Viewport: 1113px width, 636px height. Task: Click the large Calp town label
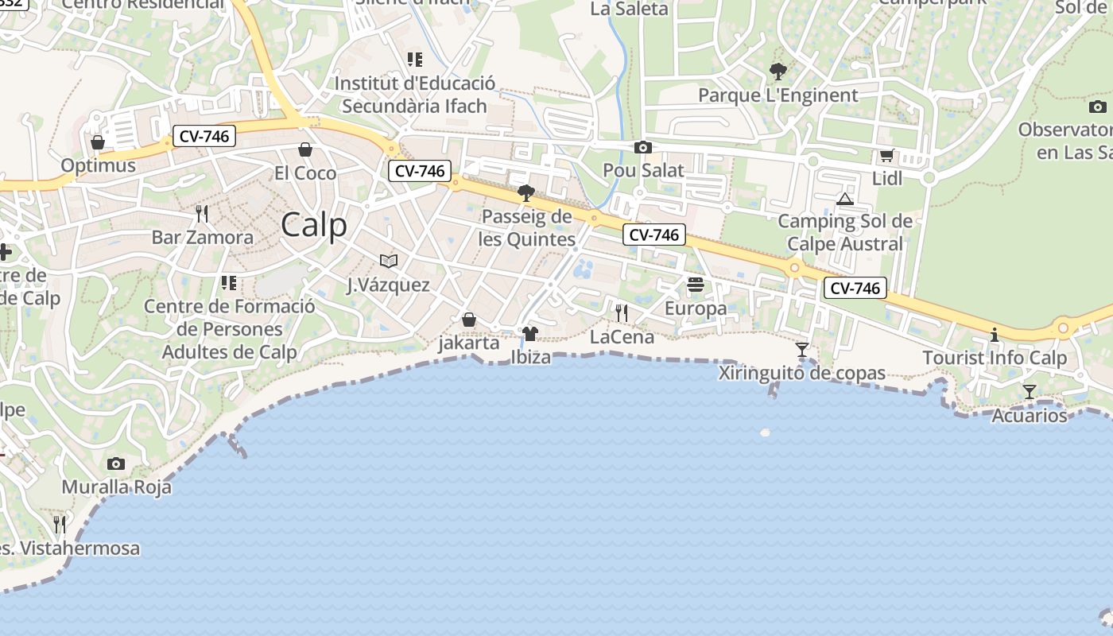click(x=314, y=225)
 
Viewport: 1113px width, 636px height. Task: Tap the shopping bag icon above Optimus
click(x=98, y=142)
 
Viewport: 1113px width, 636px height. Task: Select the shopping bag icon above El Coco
click(x=304, y=149)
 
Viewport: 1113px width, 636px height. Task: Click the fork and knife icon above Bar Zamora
click(x=202, y=213)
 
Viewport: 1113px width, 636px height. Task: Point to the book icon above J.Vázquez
click(x=388, y=261)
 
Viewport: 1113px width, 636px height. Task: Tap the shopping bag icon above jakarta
click(x=469, y=320)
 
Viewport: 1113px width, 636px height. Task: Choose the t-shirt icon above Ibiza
click(x=530, y=333)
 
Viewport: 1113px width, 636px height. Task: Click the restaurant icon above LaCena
click(x=622, y=313)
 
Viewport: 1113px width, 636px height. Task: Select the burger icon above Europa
click(x=696, y=285)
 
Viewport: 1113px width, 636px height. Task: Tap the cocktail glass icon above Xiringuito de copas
click(x=801, y=350)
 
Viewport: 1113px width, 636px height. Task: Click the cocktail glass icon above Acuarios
click(x=1030, y=392)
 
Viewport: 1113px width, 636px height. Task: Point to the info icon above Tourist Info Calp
click(x=995, y=335)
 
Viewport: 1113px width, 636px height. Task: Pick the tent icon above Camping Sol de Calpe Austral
click(x=845, y=198)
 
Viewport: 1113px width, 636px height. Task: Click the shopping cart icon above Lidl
click(x=886, y=155)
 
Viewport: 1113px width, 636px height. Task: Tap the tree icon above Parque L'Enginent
click(x=778, y=72)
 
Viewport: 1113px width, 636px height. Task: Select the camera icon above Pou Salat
click(x=643, y=147)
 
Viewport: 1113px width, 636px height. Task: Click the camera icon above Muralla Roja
click(x=116, y=463)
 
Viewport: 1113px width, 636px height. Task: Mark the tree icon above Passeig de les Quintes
click(x=525, y=192)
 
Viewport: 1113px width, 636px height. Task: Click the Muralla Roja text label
click(x=116, y=487)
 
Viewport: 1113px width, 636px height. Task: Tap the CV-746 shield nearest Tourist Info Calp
click(x=855, y=288)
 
